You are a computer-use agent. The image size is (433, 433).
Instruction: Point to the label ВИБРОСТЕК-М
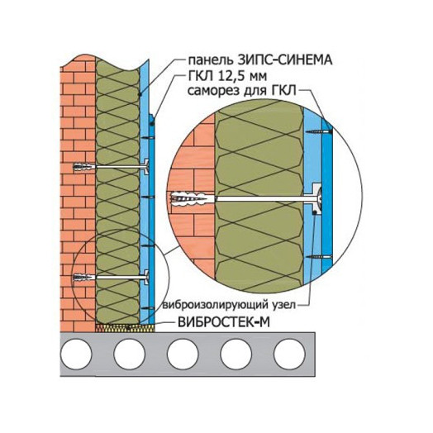tap(224, 322)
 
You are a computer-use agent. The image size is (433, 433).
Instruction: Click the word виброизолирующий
tap(215, 305)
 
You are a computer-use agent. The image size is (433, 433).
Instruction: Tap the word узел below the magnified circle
tap(284, 306)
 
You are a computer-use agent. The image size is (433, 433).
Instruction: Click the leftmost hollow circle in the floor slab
tap(76, 354)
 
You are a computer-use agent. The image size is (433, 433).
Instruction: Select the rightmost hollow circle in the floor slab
tap(289, 354)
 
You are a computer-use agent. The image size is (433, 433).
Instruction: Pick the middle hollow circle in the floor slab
tap(183, 354)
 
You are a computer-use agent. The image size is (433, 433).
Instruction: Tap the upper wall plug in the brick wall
tap(84, 167)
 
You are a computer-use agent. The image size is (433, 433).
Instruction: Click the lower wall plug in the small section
tap(84, 277)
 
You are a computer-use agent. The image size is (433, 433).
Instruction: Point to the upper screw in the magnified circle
tap(318, 131)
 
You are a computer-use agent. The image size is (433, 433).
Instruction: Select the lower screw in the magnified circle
tap(318, 257)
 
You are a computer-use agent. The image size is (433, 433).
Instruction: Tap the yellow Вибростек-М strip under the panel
tap(125, 328)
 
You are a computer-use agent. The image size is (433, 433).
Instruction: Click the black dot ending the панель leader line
tap(140, 94)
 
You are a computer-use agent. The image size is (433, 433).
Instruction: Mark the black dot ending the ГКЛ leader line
tap(152, 124)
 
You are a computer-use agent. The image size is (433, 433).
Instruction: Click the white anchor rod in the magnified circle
tap(263, 199)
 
